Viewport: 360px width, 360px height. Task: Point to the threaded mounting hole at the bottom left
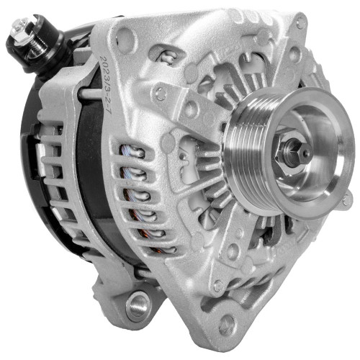(x=136, y=305)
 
